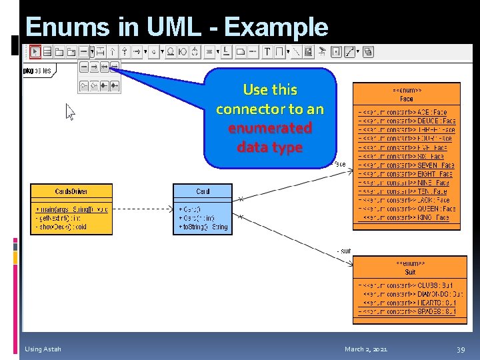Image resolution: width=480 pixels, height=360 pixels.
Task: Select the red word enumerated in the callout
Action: (x=270, y=127)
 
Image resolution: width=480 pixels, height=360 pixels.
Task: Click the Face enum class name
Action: (x=406, y=99)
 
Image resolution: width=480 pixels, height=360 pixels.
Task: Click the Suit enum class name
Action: (x=410, y=272)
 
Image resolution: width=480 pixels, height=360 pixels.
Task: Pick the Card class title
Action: (x=203, y=191)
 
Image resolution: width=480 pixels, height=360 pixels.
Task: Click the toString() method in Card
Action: (x=203, y=227)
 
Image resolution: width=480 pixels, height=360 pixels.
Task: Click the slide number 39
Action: (x=460, y=349)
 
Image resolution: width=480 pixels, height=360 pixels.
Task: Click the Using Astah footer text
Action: (x=43, y=349)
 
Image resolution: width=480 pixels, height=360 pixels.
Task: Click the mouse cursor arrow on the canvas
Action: (x=69, y=111)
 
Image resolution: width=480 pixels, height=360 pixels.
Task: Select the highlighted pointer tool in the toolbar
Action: (x=35, y=51)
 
